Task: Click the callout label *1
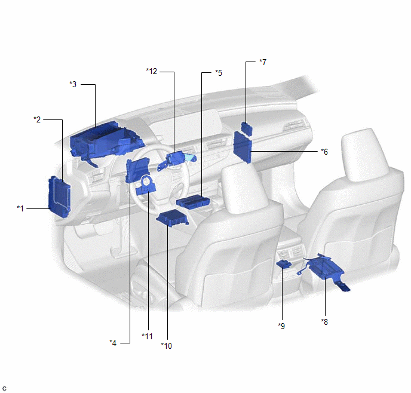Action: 20,208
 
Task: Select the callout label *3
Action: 73,84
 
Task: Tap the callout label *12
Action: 152,71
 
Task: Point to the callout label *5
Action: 219,73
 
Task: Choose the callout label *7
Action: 263,62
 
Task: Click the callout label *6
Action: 324,152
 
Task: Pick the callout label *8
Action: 324,322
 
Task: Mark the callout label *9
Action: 281,326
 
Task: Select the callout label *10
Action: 167,346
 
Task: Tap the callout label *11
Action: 148,336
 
